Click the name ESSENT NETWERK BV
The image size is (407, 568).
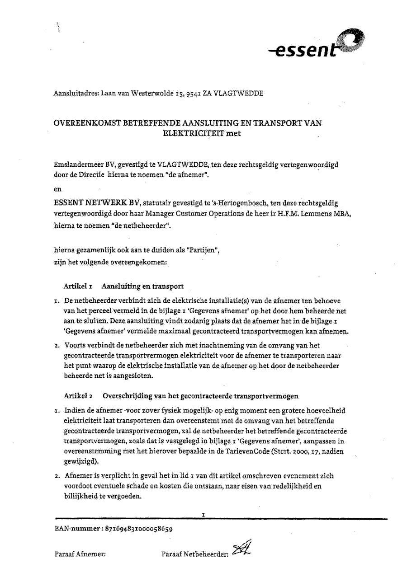(x=96, y=203)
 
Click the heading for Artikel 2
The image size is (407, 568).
(x=181, y=396)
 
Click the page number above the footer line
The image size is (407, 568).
(x=203, y=514)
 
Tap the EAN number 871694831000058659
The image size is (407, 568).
(x=140, y=528)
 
